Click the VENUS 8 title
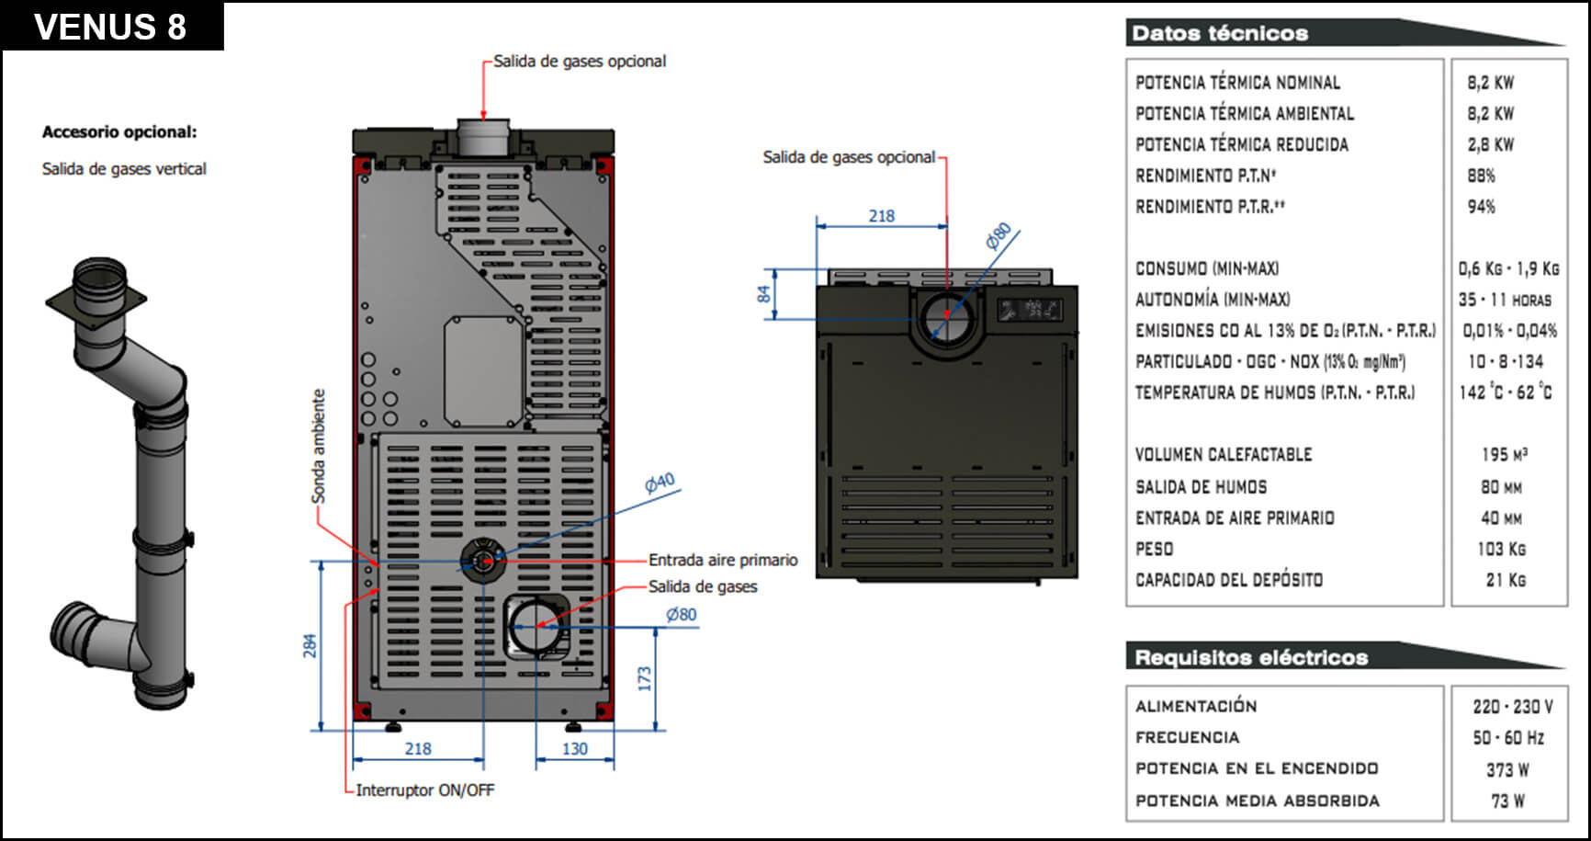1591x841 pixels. point(110,27)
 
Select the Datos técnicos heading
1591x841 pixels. point(1219,33)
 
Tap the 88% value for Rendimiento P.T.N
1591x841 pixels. point(1481,176)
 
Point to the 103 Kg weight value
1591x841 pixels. point(1501,549)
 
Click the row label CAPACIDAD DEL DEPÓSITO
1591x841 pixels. point(1229,580)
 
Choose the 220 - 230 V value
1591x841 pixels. point(1512,707)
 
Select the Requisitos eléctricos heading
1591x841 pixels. point(1251,657)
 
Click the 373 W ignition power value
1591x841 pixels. point(1507,769)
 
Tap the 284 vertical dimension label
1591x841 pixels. point(310,645)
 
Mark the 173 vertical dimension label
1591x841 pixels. point(645,679)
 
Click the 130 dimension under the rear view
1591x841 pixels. point(574,749)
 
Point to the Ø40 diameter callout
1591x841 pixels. point(660,483)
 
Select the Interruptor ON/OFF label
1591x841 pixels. point(424,790)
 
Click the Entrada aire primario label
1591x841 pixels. point(723,560)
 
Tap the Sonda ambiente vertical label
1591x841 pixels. point(319,447)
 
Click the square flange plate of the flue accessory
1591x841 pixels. point(96,299)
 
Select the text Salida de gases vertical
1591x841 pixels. point(124,169)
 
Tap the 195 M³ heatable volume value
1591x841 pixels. point(1504,455)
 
